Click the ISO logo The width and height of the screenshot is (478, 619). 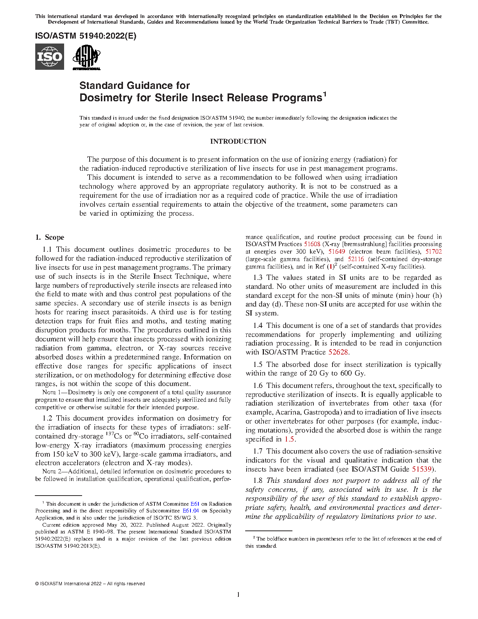pos(49,57)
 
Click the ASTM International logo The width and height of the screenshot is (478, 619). pos(86,57)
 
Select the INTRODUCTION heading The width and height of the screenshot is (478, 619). pos(238,141)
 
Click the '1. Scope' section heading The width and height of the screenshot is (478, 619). pos(50,237)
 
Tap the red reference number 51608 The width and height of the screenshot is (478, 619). pos(312,244)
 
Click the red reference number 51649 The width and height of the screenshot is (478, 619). pos(337,252)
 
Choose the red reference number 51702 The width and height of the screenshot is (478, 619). pos(433,252)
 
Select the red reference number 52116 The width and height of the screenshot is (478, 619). pos(356,259)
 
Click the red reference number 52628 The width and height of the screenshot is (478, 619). pos(338,352)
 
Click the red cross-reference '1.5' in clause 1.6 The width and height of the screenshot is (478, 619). pos(289,439)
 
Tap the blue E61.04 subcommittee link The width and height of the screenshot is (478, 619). pos(190,511)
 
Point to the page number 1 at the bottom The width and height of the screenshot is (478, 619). pos(238,595)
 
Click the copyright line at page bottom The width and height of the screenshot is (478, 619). pos(90,584)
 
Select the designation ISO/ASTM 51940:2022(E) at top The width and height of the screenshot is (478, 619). pos(86,36)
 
